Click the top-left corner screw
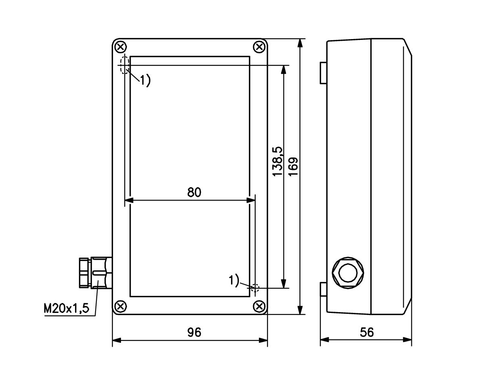pyautogui.click(x=121, y=47)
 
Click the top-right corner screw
pyautogui.click(x=259, y=47)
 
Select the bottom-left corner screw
pyautogui.click(x=121, y=307)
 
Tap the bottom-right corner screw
pyautogui.click(x=259, y=307)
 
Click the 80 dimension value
pyautogui.click(x=194, y=192)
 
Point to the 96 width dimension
pyautogui.click(x=194, y=332)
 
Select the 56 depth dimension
pyautogui.click(x=367, y=332)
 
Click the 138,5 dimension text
pyautogui.click(x=277, y=161)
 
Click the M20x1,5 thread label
pyautogui.click(x=67, y=309)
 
